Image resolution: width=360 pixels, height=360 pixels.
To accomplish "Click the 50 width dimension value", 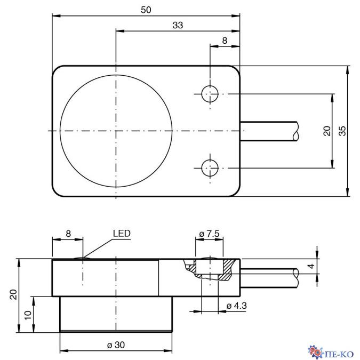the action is point(146,10).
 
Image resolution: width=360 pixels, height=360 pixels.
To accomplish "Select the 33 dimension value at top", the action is point(178,25).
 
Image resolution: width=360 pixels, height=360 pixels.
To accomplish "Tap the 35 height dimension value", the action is point(342,131).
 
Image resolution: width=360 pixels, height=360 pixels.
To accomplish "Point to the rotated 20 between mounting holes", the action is point(327,131).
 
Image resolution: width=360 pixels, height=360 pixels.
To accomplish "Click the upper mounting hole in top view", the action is point(210,94).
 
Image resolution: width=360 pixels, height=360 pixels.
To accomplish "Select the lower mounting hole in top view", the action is point(210,168).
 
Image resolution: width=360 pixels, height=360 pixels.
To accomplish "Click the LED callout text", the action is point(122,234).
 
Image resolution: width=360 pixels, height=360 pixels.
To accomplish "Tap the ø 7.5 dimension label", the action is point(209,234).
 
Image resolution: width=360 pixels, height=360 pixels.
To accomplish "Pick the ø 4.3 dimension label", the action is point(236,306).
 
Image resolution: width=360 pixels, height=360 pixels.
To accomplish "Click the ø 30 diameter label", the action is point(116,345).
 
